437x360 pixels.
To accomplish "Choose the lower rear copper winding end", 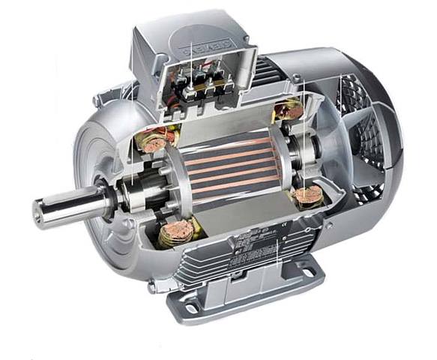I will (307, 196).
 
